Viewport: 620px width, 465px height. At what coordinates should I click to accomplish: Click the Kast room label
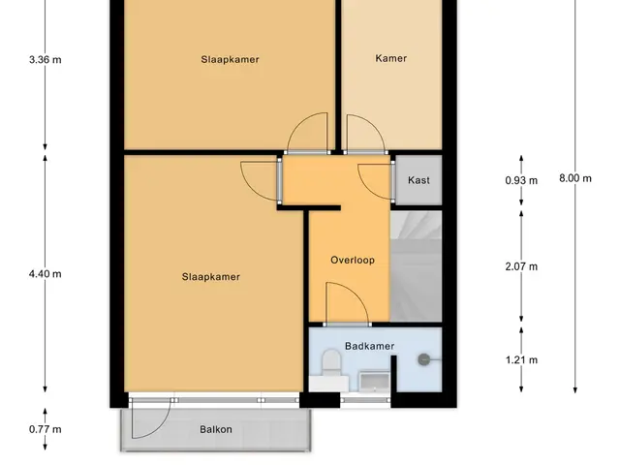pyautogui.click(x=418, y=180)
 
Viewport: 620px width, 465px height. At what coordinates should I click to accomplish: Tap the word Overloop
pyautogui.click(x=353, y=261)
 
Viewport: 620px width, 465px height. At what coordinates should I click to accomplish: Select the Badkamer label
pyautogui.click(x=370, y=346)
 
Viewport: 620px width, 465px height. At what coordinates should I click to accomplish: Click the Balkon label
pyautogui.click(x=216, y=429)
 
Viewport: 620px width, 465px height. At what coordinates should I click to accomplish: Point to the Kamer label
pyautogui.click(x=391, y=58)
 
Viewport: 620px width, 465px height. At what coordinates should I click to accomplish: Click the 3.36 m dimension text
pyautogui.click(x=46, y=60)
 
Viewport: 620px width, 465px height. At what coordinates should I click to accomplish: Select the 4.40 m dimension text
pyautogui.click(x=46, y=273)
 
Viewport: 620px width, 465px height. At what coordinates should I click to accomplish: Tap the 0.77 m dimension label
pyautogui.click(x=46, y=429)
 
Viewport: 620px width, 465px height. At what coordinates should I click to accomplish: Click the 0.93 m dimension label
pyautogui.click(x=521, y=180)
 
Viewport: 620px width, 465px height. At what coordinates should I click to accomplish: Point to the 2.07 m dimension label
pyautogui.click(x=521, y=266)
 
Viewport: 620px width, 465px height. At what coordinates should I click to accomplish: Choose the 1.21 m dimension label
pyautogui.click(x=521, y=359)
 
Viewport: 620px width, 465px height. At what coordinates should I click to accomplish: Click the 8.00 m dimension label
pyautogui.click(x=575, y=178)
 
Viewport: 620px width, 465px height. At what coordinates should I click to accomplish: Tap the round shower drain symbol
pyautogui.click(x=424, y=359)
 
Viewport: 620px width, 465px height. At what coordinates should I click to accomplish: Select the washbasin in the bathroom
pyautogui.click(x=374, y=381)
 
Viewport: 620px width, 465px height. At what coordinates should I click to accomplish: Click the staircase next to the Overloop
pyautogui.click(x=416, y=266)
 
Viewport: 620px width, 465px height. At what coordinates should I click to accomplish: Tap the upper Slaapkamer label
pyautogui.click(x=231, y=60)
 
